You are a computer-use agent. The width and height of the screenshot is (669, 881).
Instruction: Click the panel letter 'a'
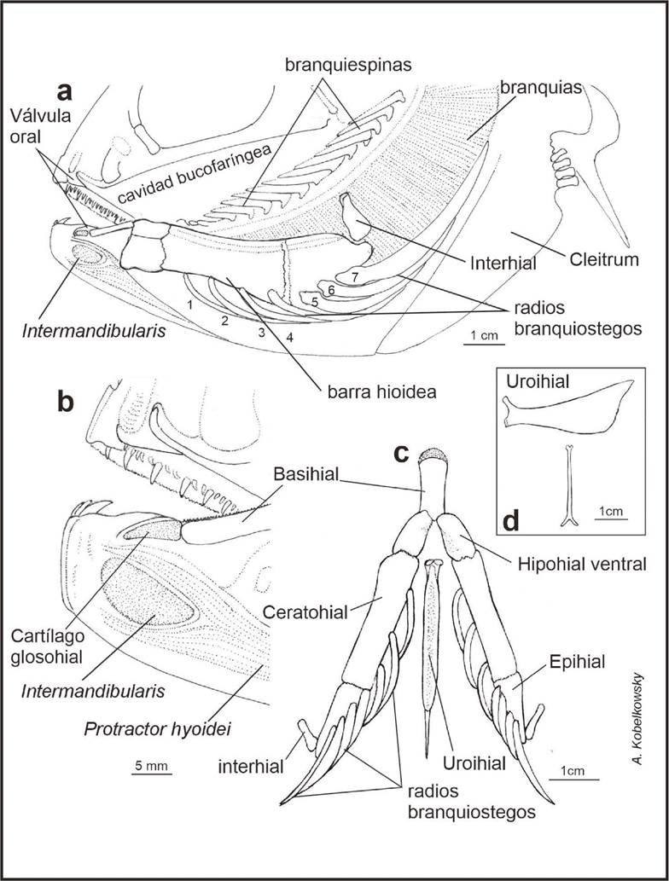pyautogui.click(x=63, y=91)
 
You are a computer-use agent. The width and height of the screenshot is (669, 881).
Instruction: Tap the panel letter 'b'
pyautogui.click(x=67, y=402)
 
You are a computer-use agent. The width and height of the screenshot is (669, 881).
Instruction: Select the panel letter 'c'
pyautogui.click(x=404, y=453)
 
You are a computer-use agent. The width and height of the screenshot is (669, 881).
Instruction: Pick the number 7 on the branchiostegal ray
pyautogui.click(x=353, y=275)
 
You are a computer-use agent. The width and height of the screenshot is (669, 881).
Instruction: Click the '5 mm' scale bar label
pyautogui.click(x=153, y=765)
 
